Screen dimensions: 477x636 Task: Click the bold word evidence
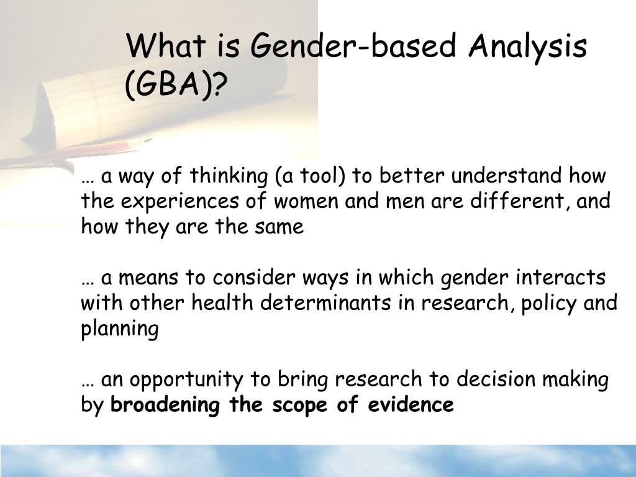pos(411,405)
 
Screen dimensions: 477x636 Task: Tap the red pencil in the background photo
pos(93,151)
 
